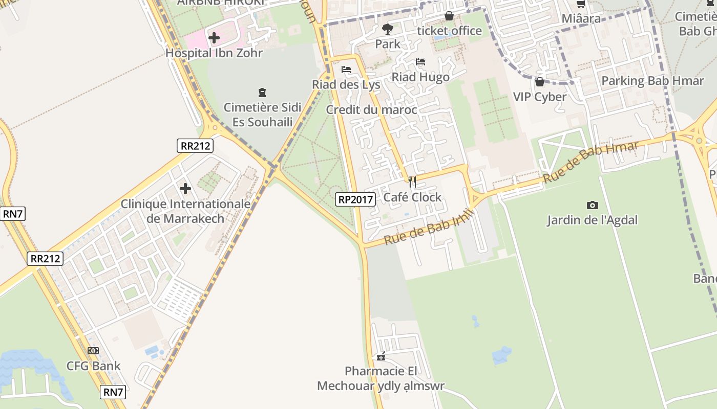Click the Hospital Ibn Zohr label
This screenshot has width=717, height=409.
(214, 53)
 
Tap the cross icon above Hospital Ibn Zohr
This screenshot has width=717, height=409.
(214, 37)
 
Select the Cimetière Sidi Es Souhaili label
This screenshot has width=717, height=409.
(263, 115)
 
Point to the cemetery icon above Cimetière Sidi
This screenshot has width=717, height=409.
(262, 93)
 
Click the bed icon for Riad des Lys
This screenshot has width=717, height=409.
(346, 70)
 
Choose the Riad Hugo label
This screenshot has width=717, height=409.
(420, 77)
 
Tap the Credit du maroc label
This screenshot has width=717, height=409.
(371, 110)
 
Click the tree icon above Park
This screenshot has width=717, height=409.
(388, 29)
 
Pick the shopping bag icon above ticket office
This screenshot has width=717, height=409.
(449, 16)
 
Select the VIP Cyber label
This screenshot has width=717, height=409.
(540, 97)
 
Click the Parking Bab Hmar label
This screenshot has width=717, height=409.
(652, 81)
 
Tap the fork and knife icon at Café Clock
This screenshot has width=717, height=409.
(412, 182)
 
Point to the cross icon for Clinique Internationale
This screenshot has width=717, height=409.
(185, 189)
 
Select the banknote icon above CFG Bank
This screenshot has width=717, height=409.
(93, 351)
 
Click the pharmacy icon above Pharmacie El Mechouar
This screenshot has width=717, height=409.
(381, 356)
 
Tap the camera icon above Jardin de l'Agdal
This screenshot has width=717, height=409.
(593, 206)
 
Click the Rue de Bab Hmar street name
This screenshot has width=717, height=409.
(591, 162)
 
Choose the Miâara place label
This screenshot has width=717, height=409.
(581, 18)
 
